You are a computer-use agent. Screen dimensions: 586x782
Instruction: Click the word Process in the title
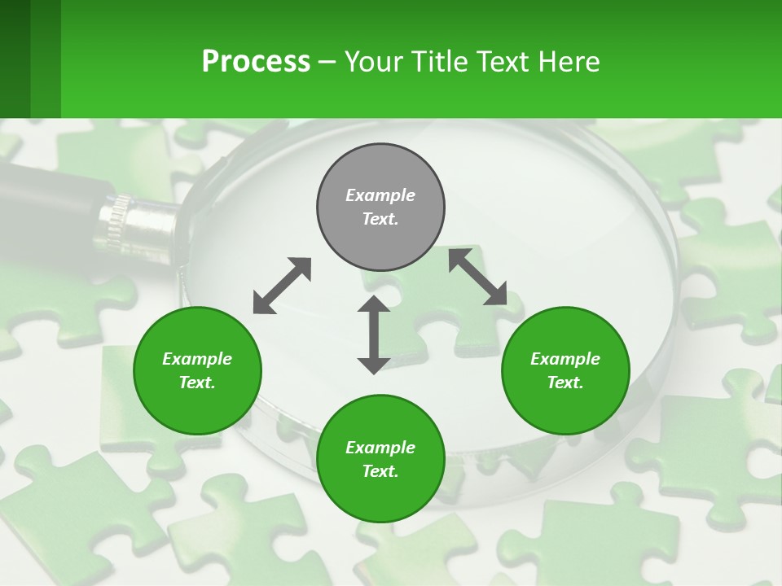tap(256, 62)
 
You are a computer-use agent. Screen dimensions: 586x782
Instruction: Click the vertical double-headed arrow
tap(374, 335)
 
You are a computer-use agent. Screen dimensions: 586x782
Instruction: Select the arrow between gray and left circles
tap(282, 286)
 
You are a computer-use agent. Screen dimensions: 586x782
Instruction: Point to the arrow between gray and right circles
tap(477, 278)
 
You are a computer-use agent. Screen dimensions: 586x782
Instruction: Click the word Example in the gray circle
tap(380, 195)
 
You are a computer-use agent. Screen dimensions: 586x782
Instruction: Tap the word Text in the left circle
tap(197, 383)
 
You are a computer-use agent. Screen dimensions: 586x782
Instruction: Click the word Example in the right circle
tap(565, 359)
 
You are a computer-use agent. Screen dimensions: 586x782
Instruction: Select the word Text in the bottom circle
tap(380, 471)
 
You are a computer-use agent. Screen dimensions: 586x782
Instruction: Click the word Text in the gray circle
tap(380, 219)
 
